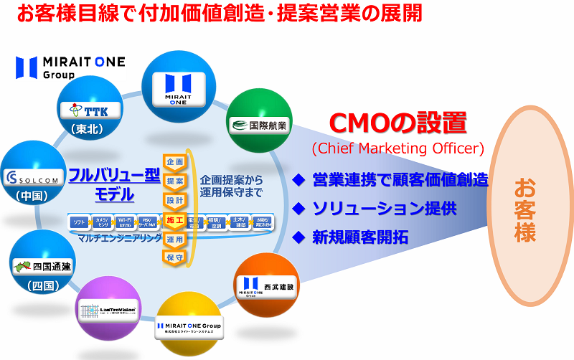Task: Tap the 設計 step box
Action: click(x=175, y=199)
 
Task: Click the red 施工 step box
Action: click(x=175, y=219)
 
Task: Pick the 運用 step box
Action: click(x=175, y=238)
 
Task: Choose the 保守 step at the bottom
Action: click(x=175, y=256)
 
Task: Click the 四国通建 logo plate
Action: click(x=42, y=268)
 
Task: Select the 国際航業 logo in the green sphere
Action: click(x=258, y=126)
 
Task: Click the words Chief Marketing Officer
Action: click(x=397, y=149)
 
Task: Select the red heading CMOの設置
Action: click(x=397, y=123)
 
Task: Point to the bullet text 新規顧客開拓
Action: click(x=359, y=237)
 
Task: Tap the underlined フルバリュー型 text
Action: click(x=114, y=175)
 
